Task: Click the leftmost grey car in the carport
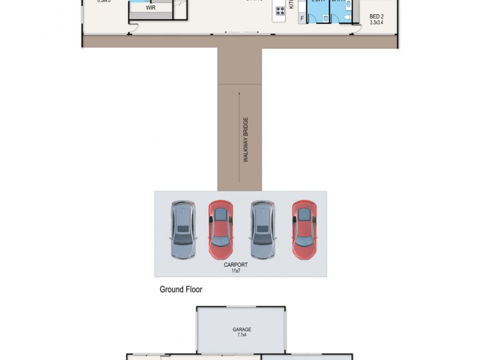tap(183, 230)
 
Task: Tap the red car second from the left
tap(221, 230)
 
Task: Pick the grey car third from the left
tap(263, 230)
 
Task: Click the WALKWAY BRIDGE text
tap(246, 140)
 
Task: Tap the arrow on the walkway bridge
tap(239, 138)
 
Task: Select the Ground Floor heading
tap(181, 289)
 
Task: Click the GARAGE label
tap(242, 329)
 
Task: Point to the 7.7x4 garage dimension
tap(242, 335)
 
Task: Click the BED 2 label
tap(376, 17)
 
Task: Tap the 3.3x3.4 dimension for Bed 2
tap(376, 23)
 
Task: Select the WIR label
tap(151, 8)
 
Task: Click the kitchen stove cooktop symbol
tap(280, 10)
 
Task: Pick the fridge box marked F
tap(301, 19)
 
